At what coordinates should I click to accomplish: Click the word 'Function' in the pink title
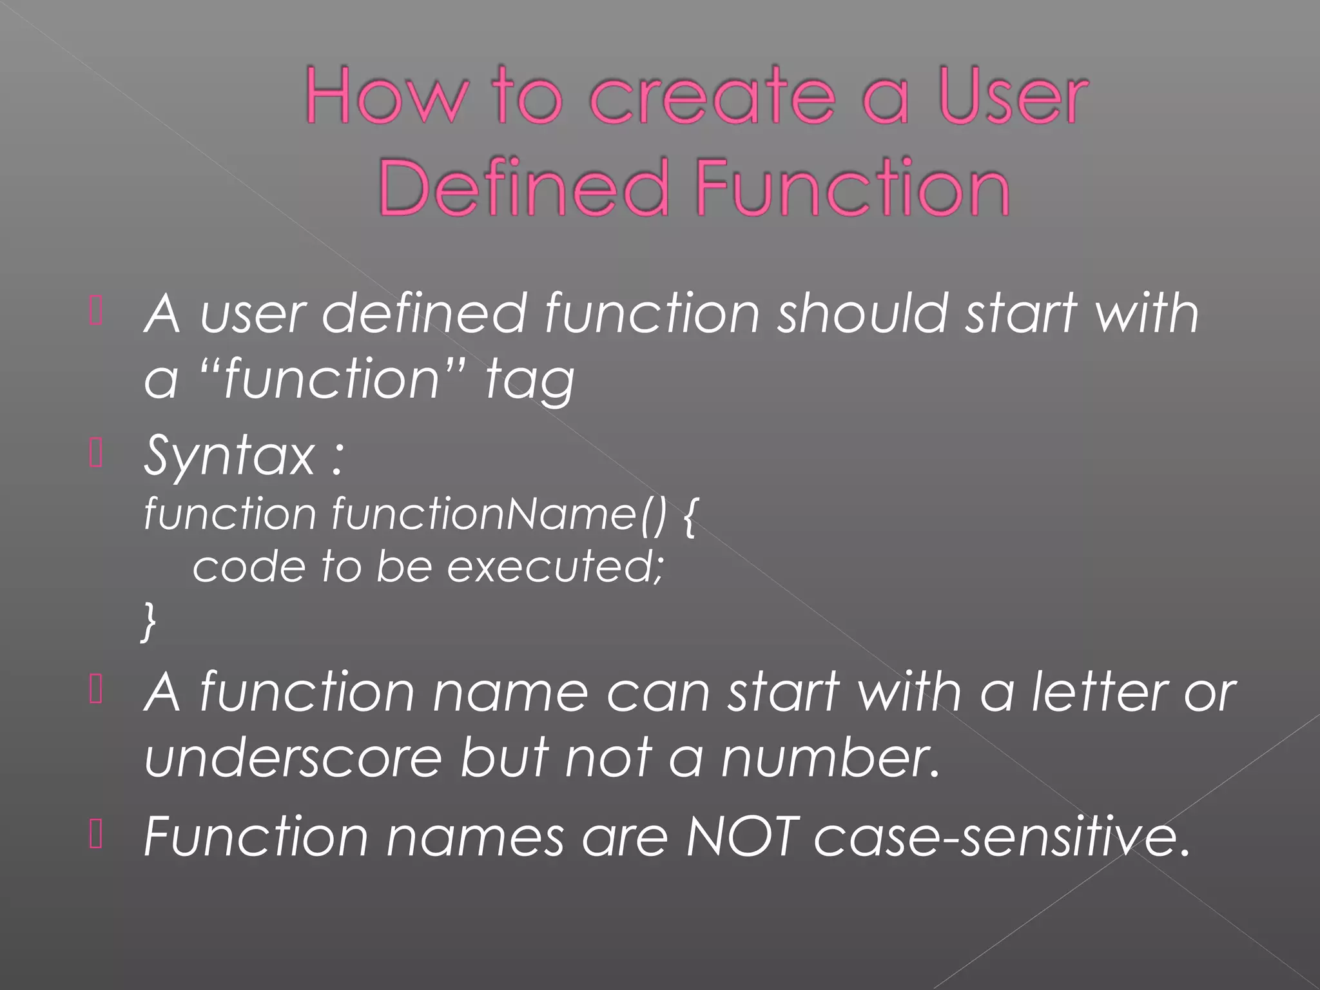pyautogui.click(x=852, y=188)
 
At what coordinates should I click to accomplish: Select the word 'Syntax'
pyautogui.click(x=229, y=456)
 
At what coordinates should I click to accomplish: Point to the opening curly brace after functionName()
pyautogui.click(x=689, y=516)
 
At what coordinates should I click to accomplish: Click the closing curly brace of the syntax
pyautogui.click(x=149, y=621)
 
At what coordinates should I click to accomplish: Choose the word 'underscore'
pyautogui.click(x=293, y=758)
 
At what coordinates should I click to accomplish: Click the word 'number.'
pyautogui.click(x=831, y=758)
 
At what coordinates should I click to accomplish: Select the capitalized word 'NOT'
pyautogui.click(x=742, y=837)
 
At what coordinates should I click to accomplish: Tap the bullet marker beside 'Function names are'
pyautogui.click(x=96, y=834)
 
